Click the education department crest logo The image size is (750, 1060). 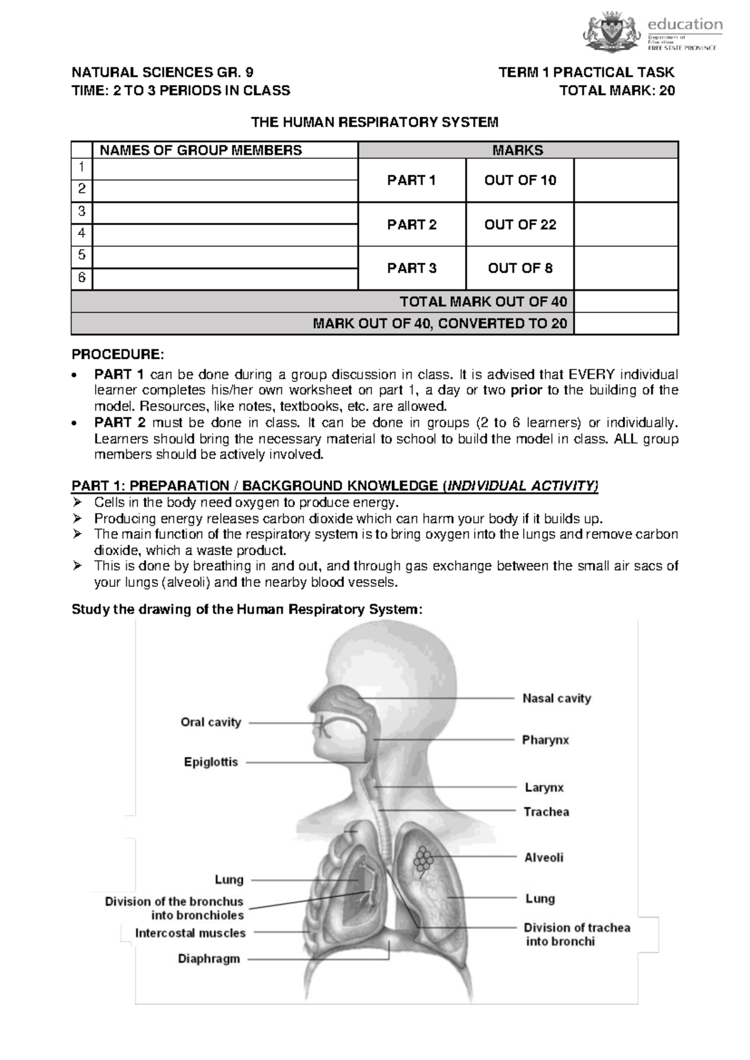point(612,32)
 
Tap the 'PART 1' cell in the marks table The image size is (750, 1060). point(411,181)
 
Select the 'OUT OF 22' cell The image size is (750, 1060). point(520,224)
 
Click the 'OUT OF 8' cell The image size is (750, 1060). point(520,268)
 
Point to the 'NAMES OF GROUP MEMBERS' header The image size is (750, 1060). point(197,150)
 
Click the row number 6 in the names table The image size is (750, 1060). point(81,278)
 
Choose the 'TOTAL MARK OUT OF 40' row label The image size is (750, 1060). point(483,302)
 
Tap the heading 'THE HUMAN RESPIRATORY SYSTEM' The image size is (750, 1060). point(374,122)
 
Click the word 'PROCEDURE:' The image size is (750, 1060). point(117,354)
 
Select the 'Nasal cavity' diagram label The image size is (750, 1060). point(556,698)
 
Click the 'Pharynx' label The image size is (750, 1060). point(546,740)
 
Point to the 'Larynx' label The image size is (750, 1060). point(544,787)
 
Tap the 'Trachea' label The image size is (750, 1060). point(546,812)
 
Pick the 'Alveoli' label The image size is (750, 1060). point(544,857)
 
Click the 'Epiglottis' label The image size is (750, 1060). point(211,762)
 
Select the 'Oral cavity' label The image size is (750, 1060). point(211,722)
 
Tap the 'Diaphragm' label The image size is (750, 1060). point(209,958)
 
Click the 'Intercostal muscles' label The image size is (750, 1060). point(191,933)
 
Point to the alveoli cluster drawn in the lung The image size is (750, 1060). point(422,861)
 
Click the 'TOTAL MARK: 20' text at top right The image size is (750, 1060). point(617,91)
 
